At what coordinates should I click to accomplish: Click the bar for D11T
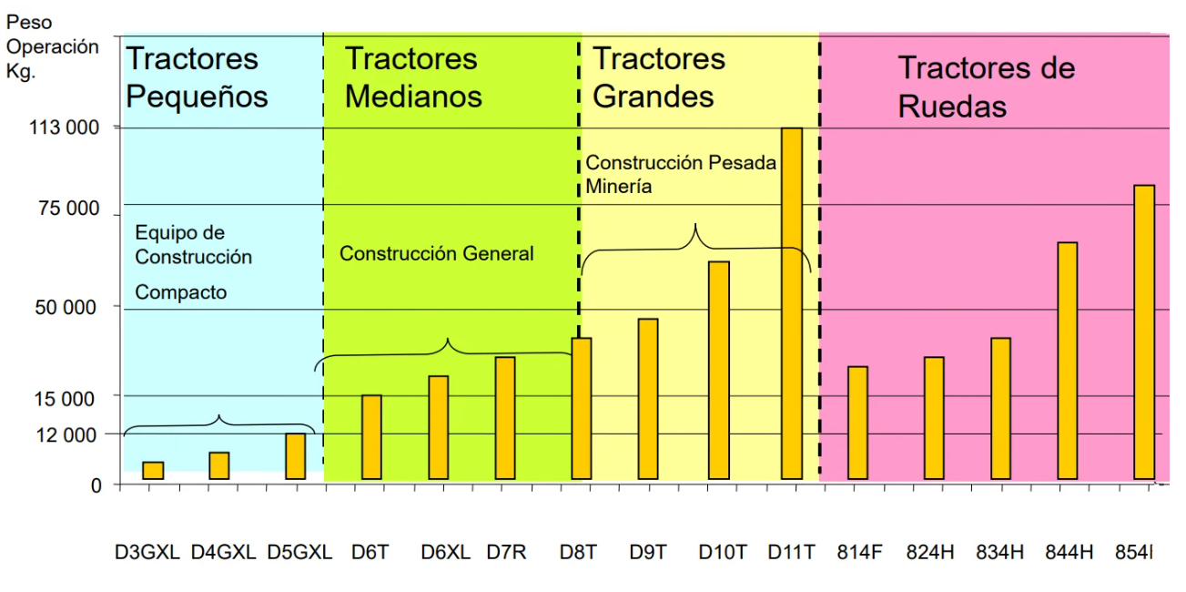[x=792, y=303]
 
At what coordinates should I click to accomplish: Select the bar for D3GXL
[x=153, y=471]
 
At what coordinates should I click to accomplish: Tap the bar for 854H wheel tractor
[x=1144, y=332]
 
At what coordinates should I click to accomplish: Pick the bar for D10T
[x=719, y=370]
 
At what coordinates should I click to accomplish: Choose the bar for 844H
[x=1068, y=361]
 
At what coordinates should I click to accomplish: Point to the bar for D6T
[x=371, y=437]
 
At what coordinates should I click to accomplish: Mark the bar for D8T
[x=582, y=409]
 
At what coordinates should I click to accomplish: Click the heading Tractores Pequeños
[x=197, y=78]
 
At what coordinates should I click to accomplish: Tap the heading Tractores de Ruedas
[x=987, y=87]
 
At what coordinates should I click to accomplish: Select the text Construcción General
[x=437, y=253]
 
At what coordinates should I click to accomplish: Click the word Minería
[x=619, y=186]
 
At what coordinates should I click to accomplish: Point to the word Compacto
[x=181, y=292]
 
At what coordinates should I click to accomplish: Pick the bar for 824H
[x=934, y=418]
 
